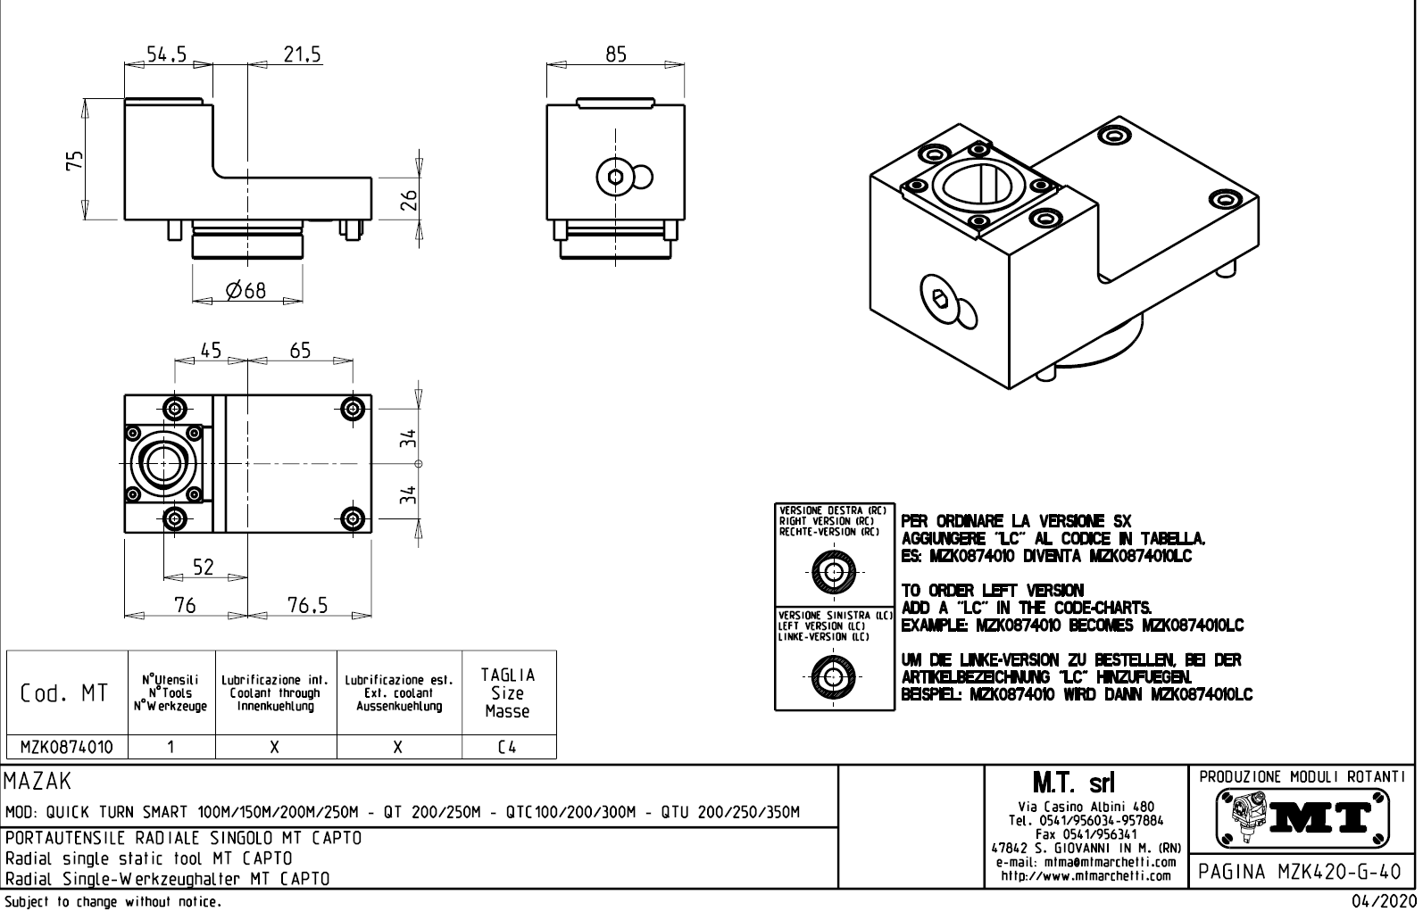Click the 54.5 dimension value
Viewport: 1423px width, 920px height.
(166, 54)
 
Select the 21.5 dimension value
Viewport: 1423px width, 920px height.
(302, 54)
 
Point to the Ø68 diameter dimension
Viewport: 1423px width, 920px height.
(246, 290)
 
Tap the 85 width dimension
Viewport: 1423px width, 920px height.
(616, 54)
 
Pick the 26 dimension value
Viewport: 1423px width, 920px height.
(409, 200)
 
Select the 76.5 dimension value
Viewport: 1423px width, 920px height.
(307, 606)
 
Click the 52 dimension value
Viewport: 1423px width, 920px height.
(204, 568)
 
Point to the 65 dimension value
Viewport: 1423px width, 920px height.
(300, 351)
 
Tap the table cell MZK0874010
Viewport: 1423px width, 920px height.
(67, 747)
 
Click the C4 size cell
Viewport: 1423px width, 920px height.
(507, 747)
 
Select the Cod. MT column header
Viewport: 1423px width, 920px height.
(65, 693)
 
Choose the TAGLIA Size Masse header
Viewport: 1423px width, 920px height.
(508, 693)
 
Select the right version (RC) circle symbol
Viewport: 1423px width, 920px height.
(834, 572)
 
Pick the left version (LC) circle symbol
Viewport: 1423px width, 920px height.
(834, 676)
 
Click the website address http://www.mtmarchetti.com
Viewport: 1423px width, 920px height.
(1086, 875)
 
